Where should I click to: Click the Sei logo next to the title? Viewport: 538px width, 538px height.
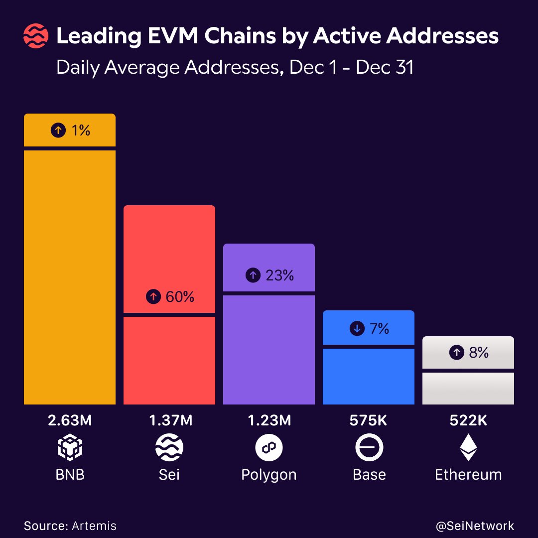click(x=36, y=37)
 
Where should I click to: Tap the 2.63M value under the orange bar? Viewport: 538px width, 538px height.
click(x=70, y=420)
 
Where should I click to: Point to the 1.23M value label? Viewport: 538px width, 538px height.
click(x=269, y=420)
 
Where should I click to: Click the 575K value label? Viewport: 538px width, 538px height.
click(x=369, y=420)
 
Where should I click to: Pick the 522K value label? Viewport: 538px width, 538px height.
click(x=468, y=420)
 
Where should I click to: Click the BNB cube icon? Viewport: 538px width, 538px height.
click(x=70, y=448)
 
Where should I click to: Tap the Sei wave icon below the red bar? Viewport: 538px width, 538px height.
click(x=169, y=448)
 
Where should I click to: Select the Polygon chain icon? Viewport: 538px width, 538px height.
click(x=269, y=448)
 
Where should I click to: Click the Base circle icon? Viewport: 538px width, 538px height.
click(x=369, y=448)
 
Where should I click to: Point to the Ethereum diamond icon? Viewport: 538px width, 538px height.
click(x=468, y=447)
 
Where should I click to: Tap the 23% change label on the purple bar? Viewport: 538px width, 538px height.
click(x=279, y=275)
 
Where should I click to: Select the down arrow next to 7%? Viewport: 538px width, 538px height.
click(x=357, y=329)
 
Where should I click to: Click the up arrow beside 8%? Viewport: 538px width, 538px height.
click(x=456, y=353)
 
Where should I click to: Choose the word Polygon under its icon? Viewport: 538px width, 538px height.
click(x=269, y=475)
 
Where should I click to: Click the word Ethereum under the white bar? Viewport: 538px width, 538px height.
click(x=468, y=475)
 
